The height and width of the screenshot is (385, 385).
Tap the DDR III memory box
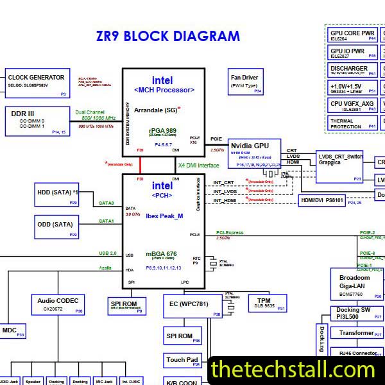pos(37,120)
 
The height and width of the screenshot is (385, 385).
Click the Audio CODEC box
pos(58,305)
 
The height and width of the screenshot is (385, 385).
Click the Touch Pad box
pos(183,361)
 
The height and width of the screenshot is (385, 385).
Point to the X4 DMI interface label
pos(198,166)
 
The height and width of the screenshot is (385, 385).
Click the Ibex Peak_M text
pos(164,216)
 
